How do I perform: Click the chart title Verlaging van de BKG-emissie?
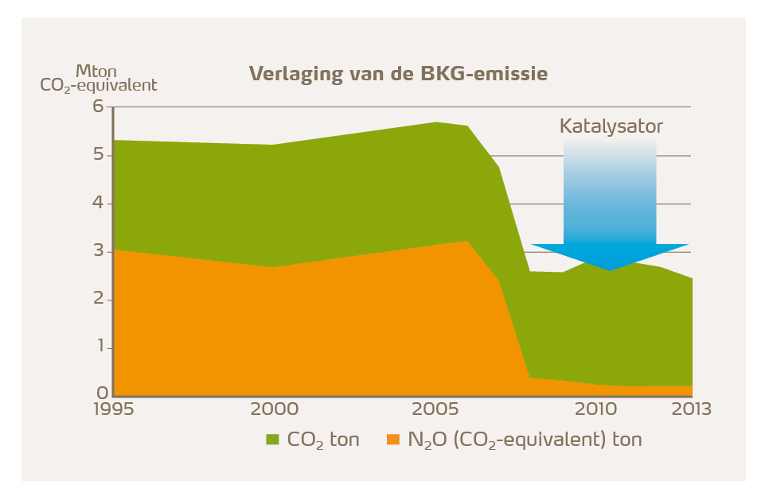click(398, 74)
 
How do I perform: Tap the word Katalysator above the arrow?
click(611, 126)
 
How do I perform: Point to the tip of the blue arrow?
click(611, 269)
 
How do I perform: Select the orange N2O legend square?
click(392, 439)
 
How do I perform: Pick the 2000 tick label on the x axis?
click(275, 409)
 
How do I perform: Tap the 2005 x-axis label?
click(435, 409)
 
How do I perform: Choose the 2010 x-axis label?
click(595, 409)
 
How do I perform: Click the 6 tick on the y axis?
click(100, 107)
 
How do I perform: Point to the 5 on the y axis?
click(100, 155)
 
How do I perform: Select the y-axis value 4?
click(100, 203)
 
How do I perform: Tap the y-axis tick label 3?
click(100, 252)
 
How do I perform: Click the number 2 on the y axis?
click(100, 300)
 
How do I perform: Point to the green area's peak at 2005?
click(435, 123)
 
